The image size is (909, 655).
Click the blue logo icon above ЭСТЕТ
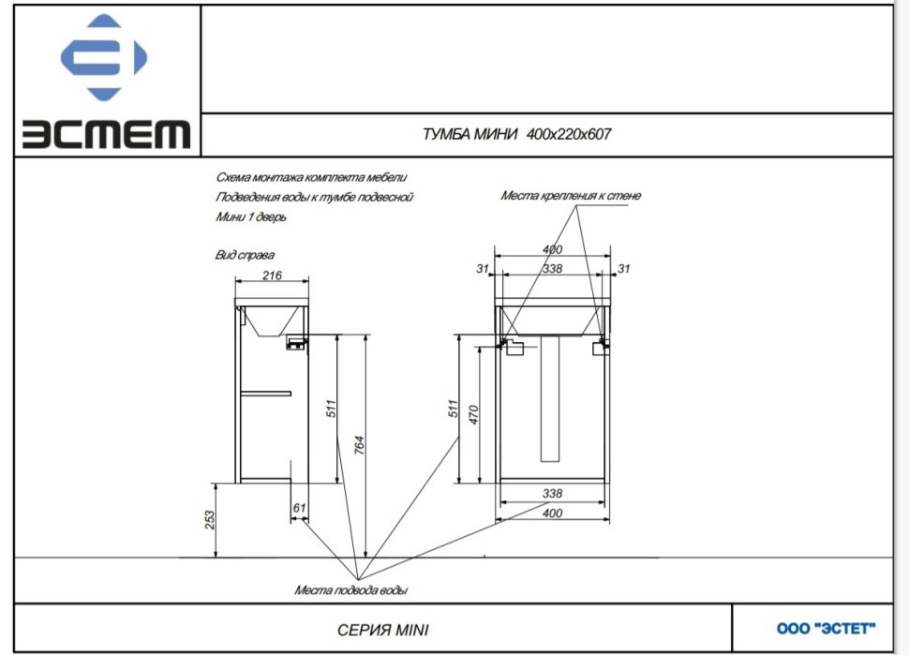pyautogui.click(x=103, y=59)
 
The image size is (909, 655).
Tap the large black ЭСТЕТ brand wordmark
pyautogui.click(x=106, y=134)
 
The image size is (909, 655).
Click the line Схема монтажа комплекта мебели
pyautogui.click(x=311, y=177)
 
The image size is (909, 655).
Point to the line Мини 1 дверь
pyautogui.click(x=250, y=217)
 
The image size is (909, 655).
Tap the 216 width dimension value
pyautogui.click(x=271, y=275)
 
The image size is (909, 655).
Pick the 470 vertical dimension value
pyautogui.click(x=474, y=414)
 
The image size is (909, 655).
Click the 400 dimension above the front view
pyautogui.click(x=552, y=249)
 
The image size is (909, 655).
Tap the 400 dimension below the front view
pyautogui.click(x=552, y=514)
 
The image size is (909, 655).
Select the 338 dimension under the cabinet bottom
pyautogui.click(x=552, y=493)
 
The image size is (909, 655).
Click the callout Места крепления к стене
pyautogui.click(x=571, y=196)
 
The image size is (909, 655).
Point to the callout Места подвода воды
pyautogui.click(x=350, y=590)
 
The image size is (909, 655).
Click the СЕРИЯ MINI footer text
pyautogui.click(x=382, y=630)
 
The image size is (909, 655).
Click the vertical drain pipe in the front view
pyautogui.click(x=551, y=397)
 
